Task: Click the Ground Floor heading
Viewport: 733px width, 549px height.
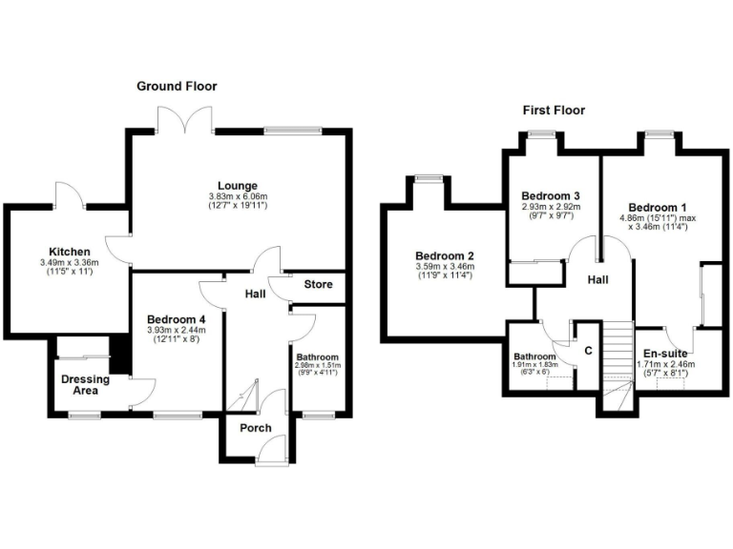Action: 176,86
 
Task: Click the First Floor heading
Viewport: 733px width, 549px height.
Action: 554,111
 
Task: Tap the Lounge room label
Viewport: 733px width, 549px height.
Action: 238,185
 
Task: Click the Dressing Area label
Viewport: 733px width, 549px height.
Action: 86,385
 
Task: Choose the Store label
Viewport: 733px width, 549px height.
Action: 318,284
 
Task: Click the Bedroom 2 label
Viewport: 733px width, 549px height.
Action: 444,255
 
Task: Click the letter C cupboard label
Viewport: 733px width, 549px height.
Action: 588,351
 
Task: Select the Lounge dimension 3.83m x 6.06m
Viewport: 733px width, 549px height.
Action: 238,197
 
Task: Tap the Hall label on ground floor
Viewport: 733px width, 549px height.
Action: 255,295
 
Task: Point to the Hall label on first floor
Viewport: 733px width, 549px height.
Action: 597,278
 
